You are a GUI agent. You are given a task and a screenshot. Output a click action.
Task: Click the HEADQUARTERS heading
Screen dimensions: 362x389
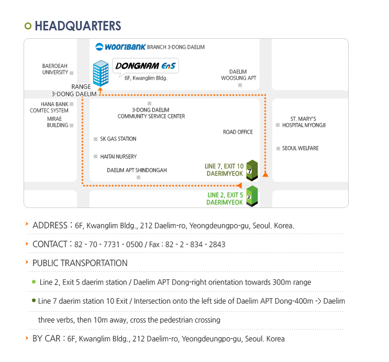point(77,26)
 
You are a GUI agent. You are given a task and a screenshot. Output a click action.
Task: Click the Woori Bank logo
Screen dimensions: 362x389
point(120,47)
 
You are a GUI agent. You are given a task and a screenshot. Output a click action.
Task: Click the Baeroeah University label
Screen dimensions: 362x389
point(55,69)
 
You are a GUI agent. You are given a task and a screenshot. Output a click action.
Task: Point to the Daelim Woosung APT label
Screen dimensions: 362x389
point(238,75)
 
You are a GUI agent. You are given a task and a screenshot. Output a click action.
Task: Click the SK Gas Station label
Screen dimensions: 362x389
point(118,139)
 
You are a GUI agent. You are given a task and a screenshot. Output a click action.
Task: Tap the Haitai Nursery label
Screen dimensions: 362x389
point(118,157)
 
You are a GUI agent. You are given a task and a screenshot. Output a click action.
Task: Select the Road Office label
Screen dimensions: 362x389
point(238,132)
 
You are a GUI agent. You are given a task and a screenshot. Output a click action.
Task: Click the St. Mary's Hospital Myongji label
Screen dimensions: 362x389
point(304,122)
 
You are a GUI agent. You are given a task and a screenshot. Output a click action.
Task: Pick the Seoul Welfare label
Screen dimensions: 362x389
point(300,148)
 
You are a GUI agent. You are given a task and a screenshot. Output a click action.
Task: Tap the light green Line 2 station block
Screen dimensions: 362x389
point(252,196)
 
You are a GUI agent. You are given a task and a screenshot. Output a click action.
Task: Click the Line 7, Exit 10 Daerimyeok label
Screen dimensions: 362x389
point(224,170)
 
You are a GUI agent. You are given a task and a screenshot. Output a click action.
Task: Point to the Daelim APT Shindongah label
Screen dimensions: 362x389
point(137,170)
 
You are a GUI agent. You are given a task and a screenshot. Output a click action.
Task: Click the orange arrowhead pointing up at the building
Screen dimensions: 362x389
point(100,90)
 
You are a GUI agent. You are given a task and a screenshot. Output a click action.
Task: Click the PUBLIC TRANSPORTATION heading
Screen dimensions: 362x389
point(80,263)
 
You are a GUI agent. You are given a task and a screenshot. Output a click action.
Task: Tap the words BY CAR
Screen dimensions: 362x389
point(46,338)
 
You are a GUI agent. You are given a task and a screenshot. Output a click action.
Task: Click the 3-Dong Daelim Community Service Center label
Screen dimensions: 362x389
point(151,113)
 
